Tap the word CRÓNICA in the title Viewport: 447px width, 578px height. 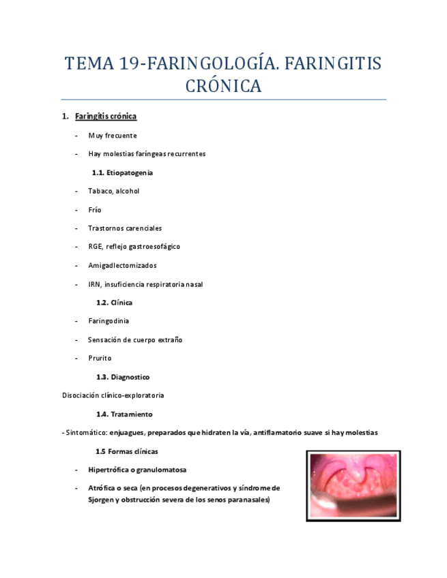tap(224, 87)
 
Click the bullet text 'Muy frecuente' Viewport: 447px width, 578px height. tap(112, 136)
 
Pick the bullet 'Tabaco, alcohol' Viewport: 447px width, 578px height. tap(113, 192)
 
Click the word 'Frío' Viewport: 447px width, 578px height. tap(94, 210)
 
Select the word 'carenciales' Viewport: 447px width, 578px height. tap(143, 228)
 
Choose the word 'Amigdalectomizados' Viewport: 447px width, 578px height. tap(122, 266)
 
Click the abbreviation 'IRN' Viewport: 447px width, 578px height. tap(94, 284)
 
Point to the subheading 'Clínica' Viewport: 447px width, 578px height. tap(121, 303)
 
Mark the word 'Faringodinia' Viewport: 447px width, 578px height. tap(109, 321)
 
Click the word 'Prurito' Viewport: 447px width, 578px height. tap(100, 359)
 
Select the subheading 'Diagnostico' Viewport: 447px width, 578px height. tap(130, 377)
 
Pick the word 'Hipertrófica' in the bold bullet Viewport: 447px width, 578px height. tap(111, 470)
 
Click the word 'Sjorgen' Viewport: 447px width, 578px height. tap(101, 500)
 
